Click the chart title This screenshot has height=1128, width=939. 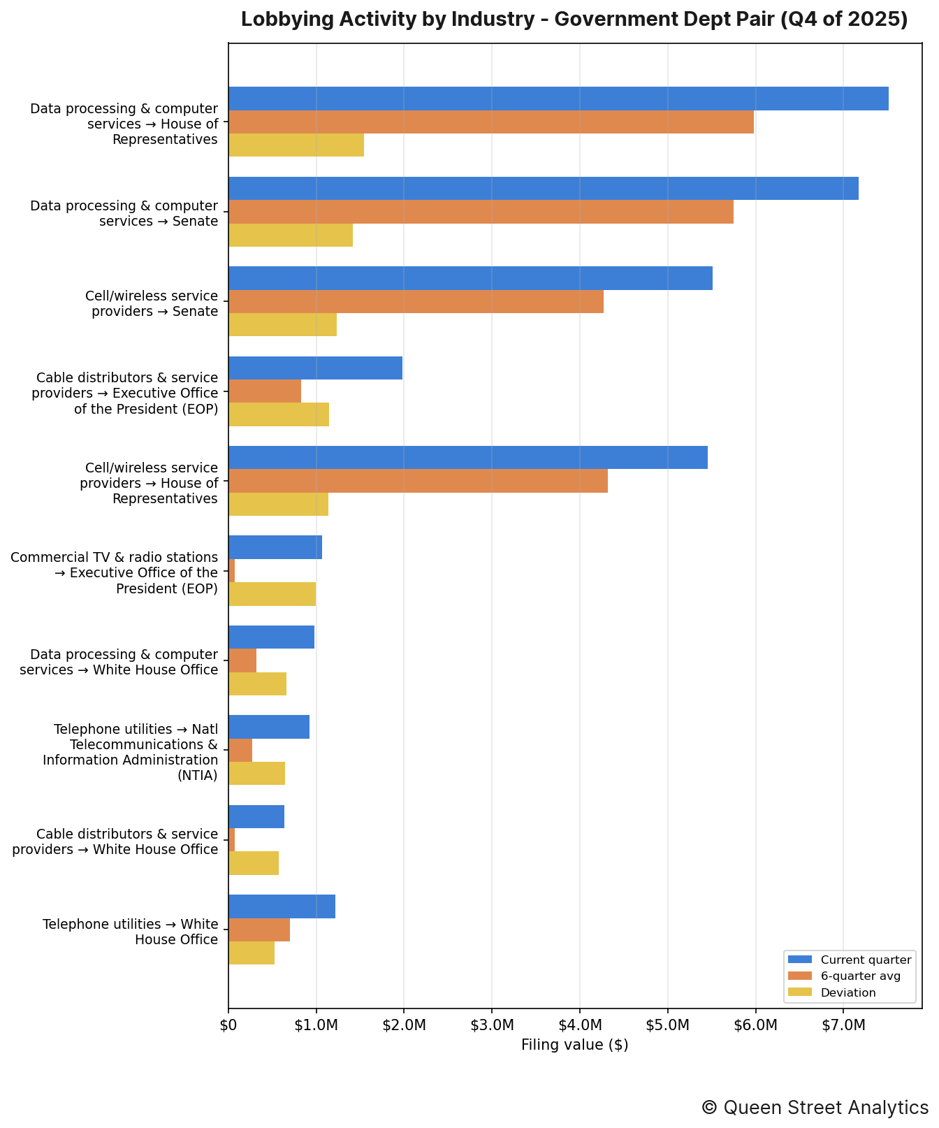(x=574, y=20)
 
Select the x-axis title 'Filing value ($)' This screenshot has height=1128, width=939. (x=575, y=1045)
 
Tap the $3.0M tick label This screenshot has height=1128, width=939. (x=492, y=1025)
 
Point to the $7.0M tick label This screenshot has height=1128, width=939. (x=843, y=1025)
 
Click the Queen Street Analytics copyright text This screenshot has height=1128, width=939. (x=815, y=1108)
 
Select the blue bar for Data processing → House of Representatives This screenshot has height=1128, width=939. (x=558, y=99)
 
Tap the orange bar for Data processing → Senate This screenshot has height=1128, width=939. (x=481, y=212)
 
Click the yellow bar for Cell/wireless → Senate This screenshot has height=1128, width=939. (x=282, y=324)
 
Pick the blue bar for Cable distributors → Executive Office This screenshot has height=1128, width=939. (x=315, y=368)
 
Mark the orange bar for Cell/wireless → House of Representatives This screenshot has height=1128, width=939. (x=418, y=481)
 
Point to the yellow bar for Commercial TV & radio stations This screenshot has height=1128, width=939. (x=272, y=594)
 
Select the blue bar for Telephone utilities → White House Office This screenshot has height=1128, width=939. (x=282, y=906)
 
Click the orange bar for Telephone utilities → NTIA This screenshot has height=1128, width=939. (x=240, y=750)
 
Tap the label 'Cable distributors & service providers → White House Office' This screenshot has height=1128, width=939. (x=115, y=841)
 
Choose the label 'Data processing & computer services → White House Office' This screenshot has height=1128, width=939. (x=119, y=662)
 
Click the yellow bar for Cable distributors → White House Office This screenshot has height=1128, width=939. (x=254, y=863)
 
